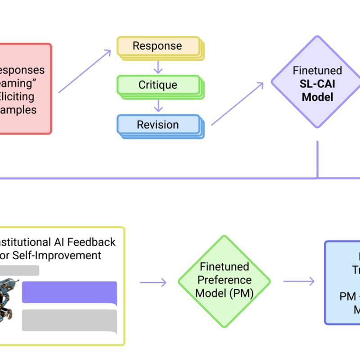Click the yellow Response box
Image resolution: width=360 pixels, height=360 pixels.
(x=157, y=46)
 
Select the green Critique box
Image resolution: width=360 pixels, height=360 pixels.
(x=157, y=85)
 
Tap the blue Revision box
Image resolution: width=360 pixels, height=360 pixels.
(x=157, y=124)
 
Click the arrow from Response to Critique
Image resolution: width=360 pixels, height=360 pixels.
(x=157, y=66)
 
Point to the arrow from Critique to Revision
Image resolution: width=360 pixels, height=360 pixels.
(x=157, y=105)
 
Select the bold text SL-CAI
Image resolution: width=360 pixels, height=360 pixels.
(x=317, y=84)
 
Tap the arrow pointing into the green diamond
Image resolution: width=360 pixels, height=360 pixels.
(x=153, y=282)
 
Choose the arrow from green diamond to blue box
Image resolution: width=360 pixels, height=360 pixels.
(x=298, y=282)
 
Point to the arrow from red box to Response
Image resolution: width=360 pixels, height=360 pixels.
(x=85, y=71)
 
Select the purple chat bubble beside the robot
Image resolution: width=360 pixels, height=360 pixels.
(x=69, y=292)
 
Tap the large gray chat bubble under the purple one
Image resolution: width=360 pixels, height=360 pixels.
(x=69, y=320)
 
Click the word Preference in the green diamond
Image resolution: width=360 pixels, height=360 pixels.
(x=225, y=280)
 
